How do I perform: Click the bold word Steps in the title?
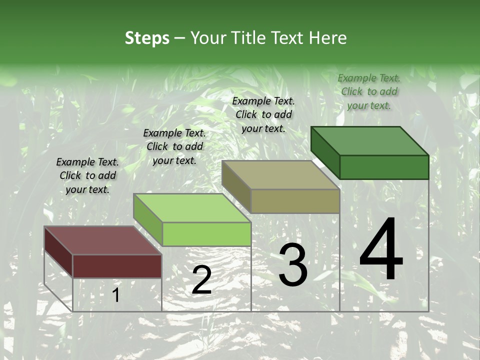click(x=147, y=38)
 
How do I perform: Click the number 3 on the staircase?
click(x=293, y=264)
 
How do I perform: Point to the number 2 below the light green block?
click(x=201, y=280)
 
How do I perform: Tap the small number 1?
click(x=115, y=295)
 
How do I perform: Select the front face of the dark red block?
click(x=117, y=266)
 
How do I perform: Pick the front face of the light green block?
click(x=206, y=234)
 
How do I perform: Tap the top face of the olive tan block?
click(x=280, y=175)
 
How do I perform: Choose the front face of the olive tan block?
click(x=295, y=201)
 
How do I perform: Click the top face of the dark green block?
click(x=369, y=140)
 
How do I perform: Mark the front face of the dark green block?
click(x=384, y=167)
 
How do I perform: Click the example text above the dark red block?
click(x=87, y=175)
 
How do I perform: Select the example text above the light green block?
click(x=174, y=146)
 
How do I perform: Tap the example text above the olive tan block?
click(x=263, y=114)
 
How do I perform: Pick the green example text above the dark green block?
click(x=369, y=91)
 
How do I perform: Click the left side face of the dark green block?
click(x=325, y=152)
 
